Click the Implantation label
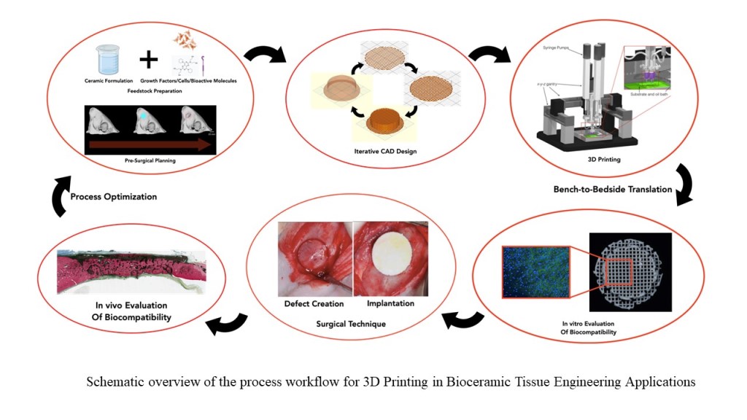(387, 303)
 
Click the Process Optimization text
(115, 197)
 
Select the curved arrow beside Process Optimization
(58, 198)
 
